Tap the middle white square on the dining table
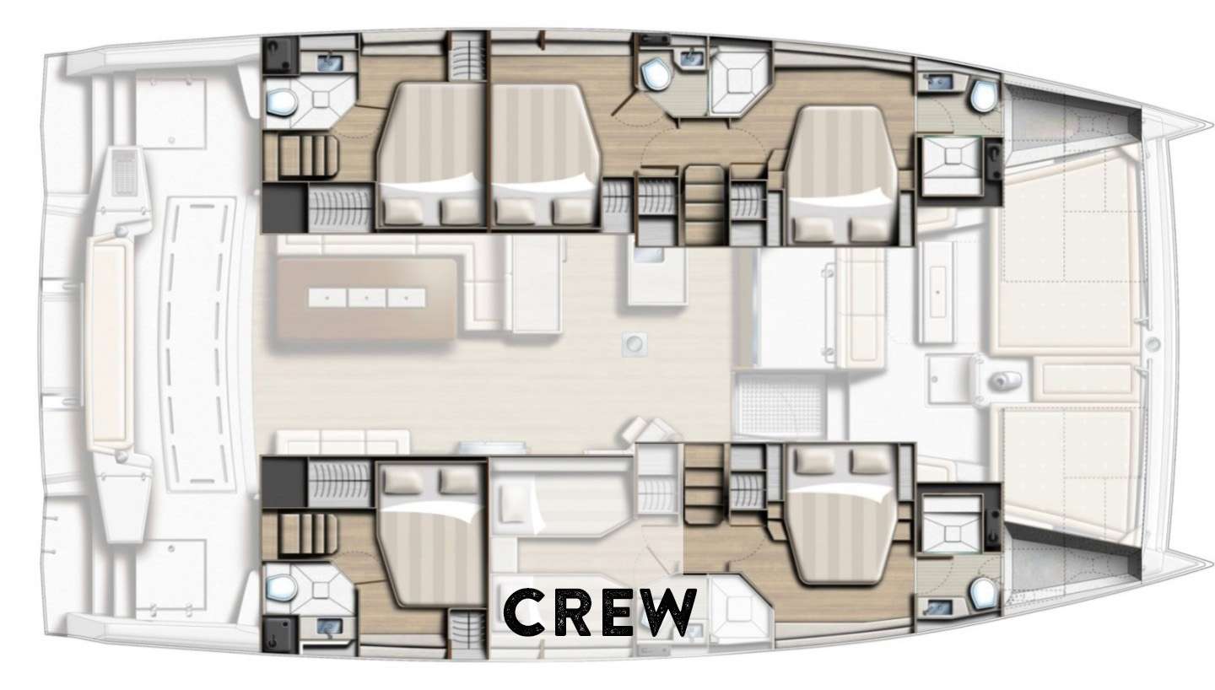pos(367,298)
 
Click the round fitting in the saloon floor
pos(634,343)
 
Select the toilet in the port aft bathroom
pos(281,101)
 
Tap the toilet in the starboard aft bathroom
pos(281,587)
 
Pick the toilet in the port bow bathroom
pos(983,96)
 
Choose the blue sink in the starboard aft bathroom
pos(329,627)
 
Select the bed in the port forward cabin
pos(841,174)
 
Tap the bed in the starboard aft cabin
pos(432,534)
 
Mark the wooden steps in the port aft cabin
pos(307,156)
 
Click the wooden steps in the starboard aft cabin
pos(307,533)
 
